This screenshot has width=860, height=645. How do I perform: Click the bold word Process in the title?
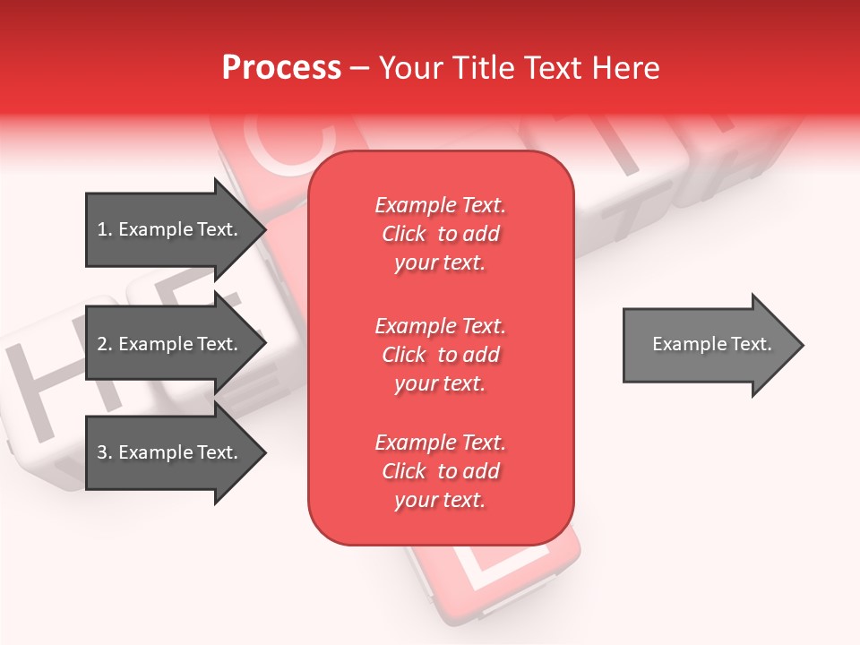(x=281, y=67)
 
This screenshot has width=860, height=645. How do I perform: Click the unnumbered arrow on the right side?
(x=708, y=344)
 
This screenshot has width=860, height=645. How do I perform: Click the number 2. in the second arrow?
(x=104, y=344)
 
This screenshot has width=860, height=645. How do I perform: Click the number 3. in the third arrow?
(x=104, y=452)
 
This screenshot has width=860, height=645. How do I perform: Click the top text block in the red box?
(x=440, y=234)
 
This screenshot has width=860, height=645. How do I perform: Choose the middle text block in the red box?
(x=440, y=354)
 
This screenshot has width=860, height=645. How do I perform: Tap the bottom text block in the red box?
(x=440, y=471)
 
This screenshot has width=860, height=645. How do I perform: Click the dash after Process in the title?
(x=359, y=68)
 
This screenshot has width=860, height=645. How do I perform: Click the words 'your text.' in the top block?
(x=440, y=262)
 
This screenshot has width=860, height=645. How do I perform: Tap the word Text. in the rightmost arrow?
(x=751, y=344)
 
